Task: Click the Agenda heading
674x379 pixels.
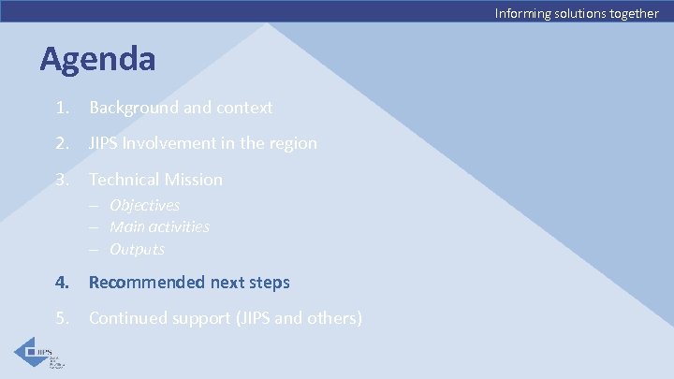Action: (97, 59)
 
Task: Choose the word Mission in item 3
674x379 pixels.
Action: (195, 179)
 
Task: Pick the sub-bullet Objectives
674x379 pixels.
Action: (144, 205)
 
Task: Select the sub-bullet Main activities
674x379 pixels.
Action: (159, 226)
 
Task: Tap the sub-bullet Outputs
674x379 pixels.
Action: (137, 249)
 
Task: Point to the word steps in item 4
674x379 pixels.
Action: (270, 282)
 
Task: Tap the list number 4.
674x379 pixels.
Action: (61, 282)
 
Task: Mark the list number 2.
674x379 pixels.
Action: (61, 143)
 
